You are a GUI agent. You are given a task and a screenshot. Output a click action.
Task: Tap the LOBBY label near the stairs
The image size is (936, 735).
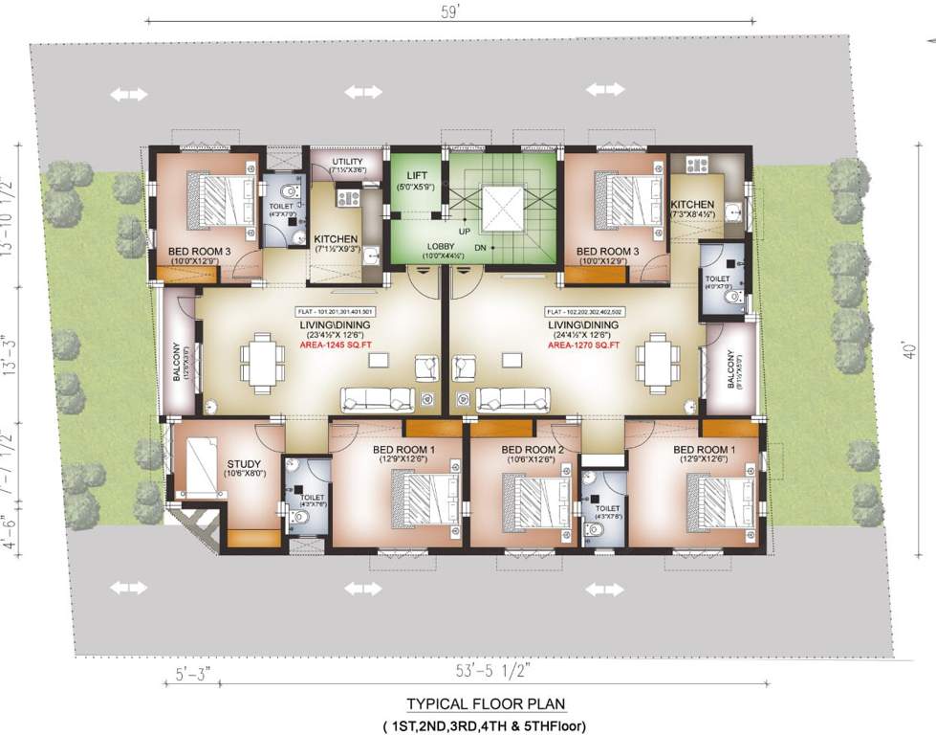pos(441,246)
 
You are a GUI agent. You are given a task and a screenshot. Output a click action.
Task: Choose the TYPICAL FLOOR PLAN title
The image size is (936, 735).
pos(485,704)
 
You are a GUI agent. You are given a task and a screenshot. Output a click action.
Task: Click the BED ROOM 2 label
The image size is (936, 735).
pos(527,449)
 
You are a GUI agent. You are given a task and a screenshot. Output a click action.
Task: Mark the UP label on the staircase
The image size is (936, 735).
pos(466,233)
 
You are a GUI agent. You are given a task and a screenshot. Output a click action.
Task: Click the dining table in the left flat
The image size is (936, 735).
pos(262,362)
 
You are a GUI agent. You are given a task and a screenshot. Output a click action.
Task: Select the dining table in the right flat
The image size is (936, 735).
pos(656,362)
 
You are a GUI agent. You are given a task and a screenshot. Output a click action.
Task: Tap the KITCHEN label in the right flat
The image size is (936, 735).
pos(691,205)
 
